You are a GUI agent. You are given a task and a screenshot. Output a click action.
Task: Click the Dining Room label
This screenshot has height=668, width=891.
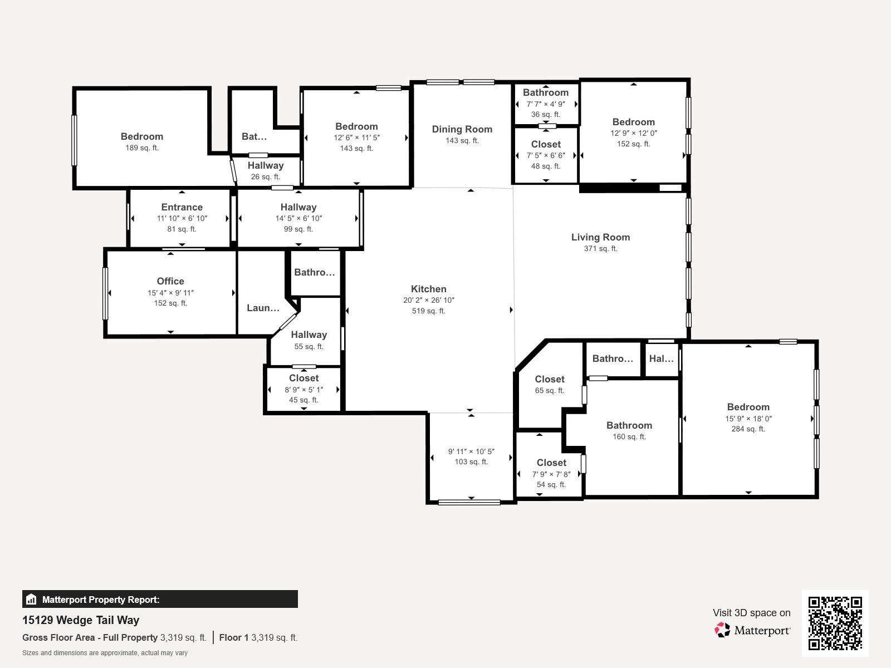tap(462, 129)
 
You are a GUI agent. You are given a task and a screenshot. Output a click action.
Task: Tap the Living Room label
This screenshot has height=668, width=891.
tap(600, 237)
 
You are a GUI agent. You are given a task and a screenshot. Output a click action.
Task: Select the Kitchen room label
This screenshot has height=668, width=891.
tap(429, 289)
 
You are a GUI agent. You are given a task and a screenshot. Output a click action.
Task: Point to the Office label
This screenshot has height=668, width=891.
tap(170, 281)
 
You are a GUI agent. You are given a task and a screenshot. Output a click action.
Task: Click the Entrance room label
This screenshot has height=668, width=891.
tap(182, 207)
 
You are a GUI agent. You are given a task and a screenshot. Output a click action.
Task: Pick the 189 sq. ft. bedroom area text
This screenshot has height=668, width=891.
tap(142, 148)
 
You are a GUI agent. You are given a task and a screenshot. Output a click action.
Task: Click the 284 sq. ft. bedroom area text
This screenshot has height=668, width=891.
tap(748, 429)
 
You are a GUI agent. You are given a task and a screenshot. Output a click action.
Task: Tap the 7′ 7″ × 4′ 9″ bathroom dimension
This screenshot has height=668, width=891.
tap(546, 104)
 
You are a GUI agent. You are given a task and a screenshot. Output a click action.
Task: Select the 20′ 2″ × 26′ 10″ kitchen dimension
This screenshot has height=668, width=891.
tap(429, 300)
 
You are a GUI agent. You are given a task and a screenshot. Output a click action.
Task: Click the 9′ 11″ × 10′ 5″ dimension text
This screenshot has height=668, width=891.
tap(471, 451)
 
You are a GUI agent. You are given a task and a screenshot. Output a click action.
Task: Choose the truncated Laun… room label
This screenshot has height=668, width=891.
tap(263, 308)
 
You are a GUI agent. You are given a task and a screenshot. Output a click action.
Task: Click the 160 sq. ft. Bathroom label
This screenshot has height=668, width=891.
tap(629, 425)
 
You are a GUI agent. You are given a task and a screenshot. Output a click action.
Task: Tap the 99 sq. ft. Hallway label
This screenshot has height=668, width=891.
tap(298, 207)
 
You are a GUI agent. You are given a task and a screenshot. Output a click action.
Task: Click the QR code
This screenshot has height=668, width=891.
tap(835, 623)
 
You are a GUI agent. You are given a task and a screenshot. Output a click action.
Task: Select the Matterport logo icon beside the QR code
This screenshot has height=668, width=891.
tap(722, 630)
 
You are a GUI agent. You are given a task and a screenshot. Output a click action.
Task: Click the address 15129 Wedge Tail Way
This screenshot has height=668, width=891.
tap(81, 620)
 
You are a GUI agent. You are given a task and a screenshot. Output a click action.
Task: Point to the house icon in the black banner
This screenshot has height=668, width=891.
tap(31, 600)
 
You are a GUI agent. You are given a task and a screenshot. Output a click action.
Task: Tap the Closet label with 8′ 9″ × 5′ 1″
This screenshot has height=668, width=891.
tap(303, 378)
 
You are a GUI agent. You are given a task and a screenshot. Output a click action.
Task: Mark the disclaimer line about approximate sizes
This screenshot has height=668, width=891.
tap(105, 653)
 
